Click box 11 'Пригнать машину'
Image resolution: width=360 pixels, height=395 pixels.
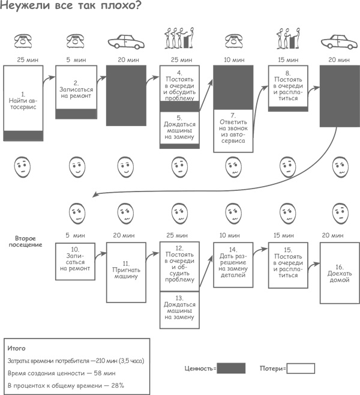tap(126, 272)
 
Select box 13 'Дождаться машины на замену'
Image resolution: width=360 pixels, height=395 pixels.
tap(179, 309)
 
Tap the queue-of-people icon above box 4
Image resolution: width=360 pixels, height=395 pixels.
tap(178, 38)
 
